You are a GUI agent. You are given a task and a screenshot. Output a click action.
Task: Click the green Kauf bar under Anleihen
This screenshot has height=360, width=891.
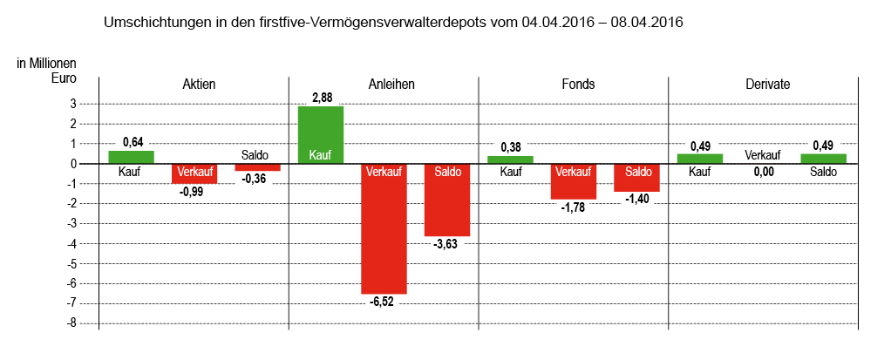[x=321, y=134]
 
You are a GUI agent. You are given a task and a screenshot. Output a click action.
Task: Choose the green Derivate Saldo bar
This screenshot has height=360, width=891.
[x=823, y=159]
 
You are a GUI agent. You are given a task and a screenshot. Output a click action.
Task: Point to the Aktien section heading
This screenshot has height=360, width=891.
[x=199, y=85]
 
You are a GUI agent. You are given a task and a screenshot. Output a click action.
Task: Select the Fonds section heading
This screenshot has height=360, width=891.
[x=578, y=85]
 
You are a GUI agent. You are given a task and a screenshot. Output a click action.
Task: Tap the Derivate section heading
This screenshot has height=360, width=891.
[x=768, y=85]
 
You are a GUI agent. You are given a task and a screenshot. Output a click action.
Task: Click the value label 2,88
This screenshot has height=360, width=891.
[x=323, y=95]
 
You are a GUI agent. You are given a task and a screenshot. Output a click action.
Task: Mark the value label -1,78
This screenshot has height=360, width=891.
[x=573, y=207]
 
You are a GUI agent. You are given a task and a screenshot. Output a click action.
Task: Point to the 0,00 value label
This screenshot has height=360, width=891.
[x=762, y=172]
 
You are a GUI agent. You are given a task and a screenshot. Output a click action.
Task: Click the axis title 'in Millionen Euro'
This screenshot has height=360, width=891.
[x=47, y=71]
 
